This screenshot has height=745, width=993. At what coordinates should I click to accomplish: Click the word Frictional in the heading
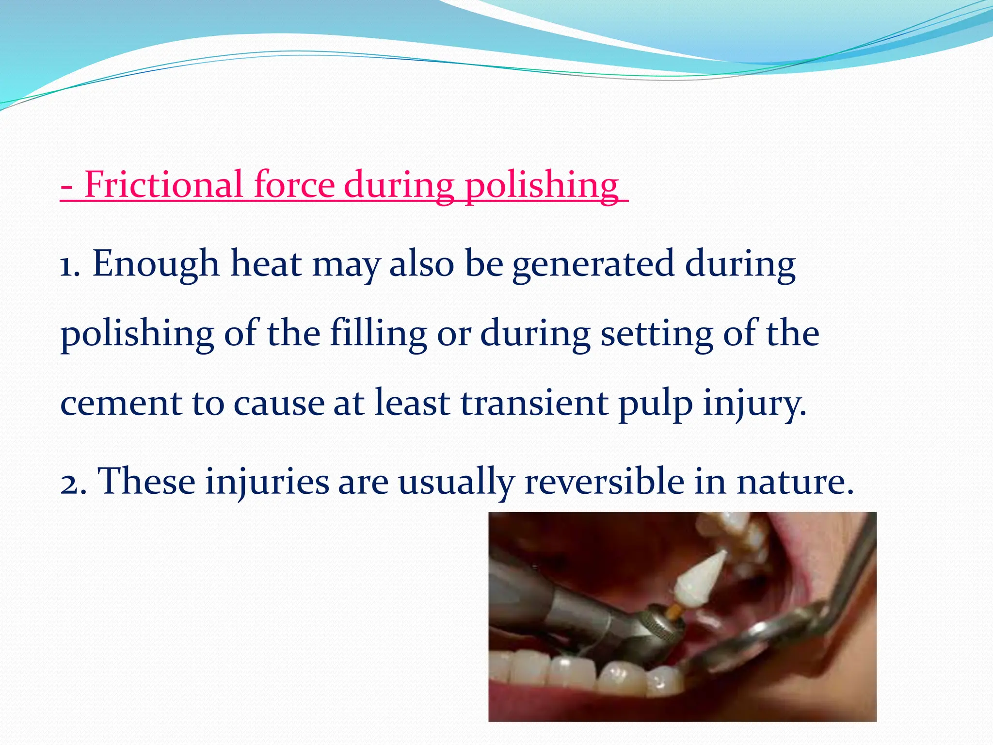pyautogui.click(x=163, y=185)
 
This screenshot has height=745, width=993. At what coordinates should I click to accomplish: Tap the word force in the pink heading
pyautogui.click(x=294, y=185)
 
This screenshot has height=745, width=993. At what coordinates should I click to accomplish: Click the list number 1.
pyautogui.click(x=69, y=265)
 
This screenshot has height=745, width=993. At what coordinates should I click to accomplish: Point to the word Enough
pyautogui.click(x=156, y=265)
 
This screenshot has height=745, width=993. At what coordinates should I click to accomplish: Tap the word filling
pyautogui.click(x=378, y=335)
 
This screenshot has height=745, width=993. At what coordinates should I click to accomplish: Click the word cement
pyautogui.click(x=121, y=404)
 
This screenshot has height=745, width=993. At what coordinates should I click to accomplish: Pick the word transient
pyautogui.click(x=534, y=403)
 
